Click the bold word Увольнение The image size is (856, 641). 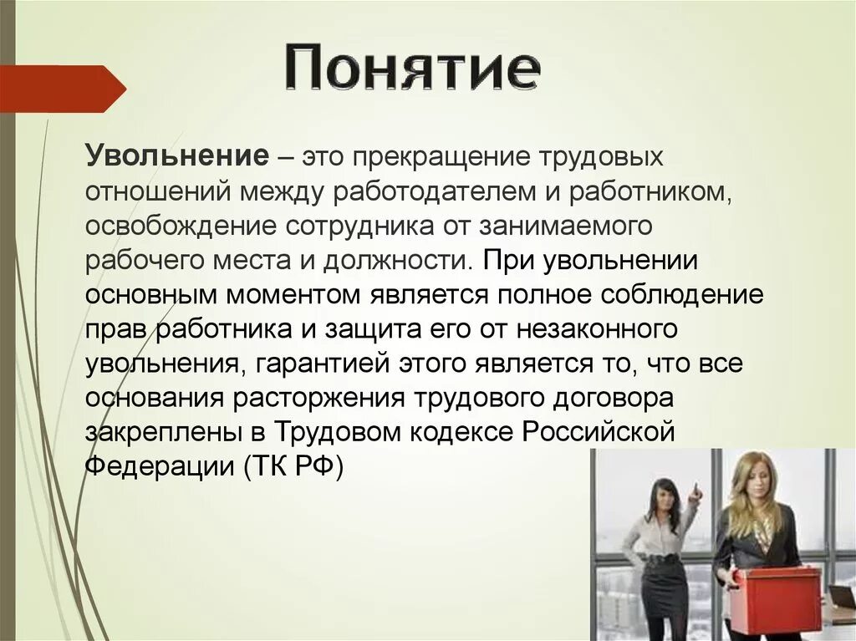tap(176, 156)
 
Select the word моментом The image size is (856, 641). tap(273, 295)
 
